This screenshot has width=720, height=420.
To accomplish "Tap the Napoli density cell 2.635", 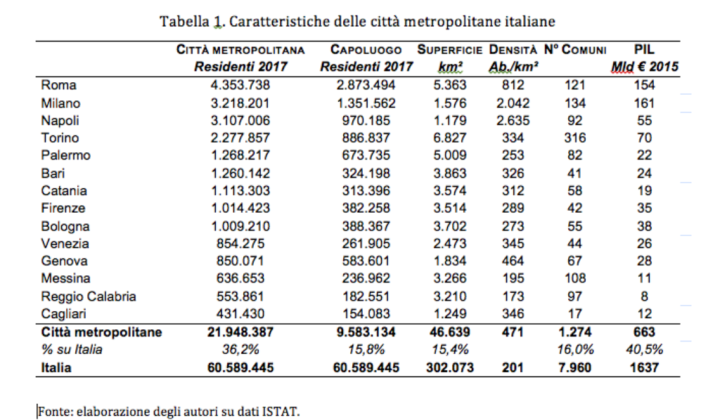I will click(513, 121).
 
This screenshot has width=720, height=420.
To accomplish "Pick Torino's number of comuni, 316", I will click(574, 138).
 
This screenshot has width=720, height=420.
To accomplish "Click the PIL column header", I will click(644, 50).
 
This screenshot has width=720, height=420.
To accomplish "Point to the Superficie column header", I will click(449, 51).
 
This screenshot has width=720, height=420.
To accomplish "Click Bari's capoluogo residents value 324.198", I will click(366, 173).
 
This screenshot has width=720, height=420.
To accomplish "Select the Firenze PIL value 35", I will click(644, 209).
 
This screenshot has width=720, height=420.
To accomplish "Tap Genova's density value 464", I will click(513, 261).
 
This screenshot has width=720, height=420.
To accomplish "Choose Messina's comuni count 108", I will click(574, 279).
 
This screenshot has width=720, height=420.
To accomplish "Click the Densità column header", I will click(513, 51).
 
